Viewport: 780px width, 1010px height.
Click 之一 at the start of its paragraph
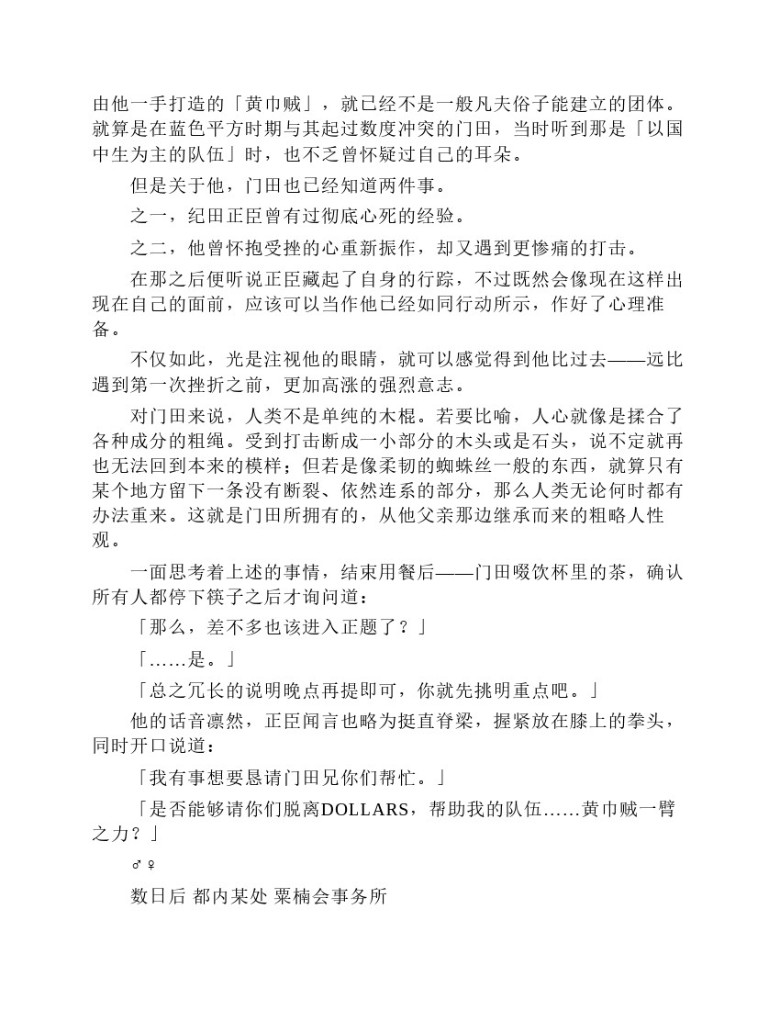pos(148,217)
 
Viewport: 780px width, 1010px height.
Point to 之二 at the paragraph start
pos(148,249)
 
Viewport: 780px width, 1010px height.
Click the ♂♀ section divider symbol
pos(142,865)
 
